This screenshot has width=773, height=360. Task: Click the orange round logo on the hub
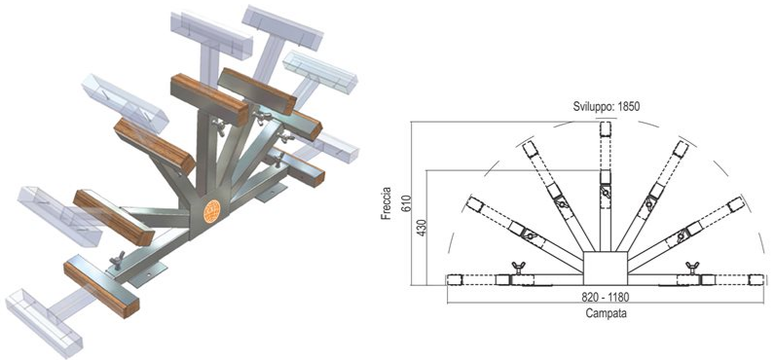[212, 211]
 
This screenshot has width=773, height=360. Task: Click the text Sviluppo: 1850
[606, 106]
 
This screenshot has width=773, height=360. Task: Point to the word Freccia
[386, 203]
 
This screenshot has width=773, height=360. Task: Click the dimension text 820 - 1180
[606, 297]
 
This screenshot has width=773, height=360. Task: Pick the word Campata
[606, 312]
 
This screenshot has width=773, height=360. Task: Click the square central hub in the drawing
[606, 269]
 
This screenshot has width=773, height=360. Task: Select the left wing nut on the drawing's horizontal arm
[518, 268]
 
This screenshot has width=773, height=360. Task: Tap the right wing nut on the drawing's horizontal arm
[693, 268]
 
